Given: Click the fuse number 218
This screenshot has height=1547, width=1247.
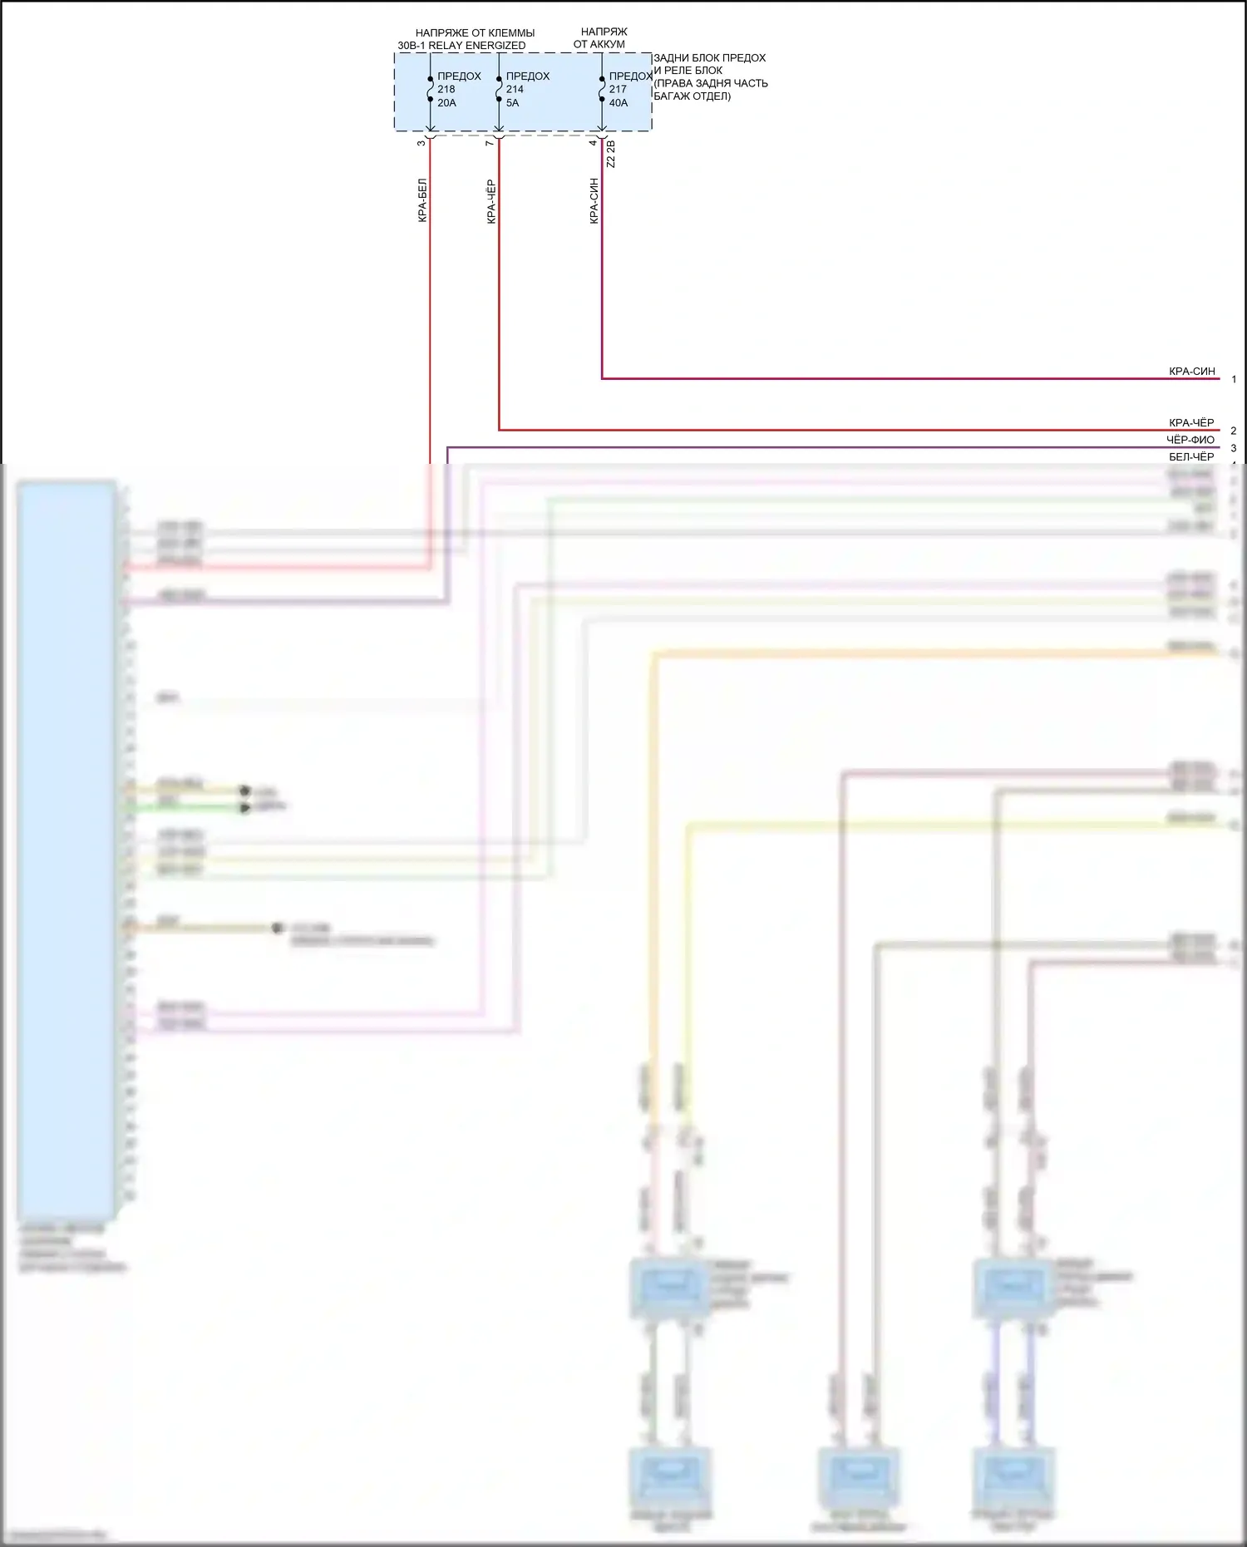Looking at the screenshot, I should coord(446,90).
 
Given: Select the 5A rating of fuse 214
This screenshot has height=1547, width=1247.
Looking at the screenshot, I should coord(512,103).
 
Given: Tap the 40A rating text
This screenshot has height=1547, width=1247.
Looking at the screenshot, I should coord(619,103).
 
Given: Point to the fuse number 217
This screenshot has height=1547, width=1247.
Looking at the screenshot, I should coord(618,90).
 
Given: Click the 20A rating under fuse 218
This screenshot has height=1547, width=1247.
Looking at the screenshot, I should coord(447,103).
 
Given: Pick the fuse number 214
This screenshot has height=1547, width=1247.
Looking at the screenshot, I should coord(515,90).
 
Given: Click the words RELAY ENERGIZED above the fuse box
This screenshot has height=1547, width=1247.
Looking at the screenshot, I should coord(477,46).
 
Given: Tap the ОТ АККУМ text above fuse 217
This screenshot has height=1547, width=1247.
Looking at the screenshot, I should coord(599,44).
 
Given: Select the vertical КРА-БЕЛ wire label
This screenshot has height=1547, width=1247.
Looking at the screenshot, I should coord(422,200).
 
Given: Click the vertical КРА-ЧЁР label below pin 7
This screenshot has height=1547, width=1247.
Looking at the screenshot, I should coord(491,202).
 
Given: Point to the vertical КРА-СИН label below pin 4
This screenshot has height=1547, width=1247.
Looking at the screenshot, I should coord(594,201).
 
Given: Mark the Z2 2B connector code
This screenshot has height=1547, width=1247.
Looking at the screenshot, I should coord(611,155).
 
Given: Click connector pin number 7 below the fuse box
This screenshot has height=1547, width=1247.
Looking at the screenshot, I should coord(490,143).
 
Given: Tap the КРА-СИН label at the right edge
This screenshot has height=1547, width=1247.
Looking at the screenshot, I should coord(1191,372).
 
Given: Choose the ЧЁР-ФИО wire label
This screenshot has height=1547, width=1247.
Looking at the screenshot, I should coord(1190,440).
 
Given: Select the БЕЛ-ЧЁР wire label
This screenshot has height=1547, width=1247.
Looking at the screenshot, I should coord(1190,457).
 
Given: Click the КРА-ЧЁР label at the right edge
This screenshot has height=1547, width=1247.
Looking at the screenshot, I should coord(1190,423).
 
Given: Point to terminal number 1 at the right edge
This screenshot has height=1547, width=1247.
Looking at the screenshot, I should coord(1234,380).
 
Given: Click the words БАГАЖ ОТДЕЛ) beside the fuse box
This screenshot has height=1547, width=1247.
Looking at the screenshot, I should coord(692,96).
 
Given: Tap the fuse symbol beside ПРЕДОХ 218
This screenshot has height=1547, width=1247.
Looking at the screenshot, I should coord(430,90).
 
